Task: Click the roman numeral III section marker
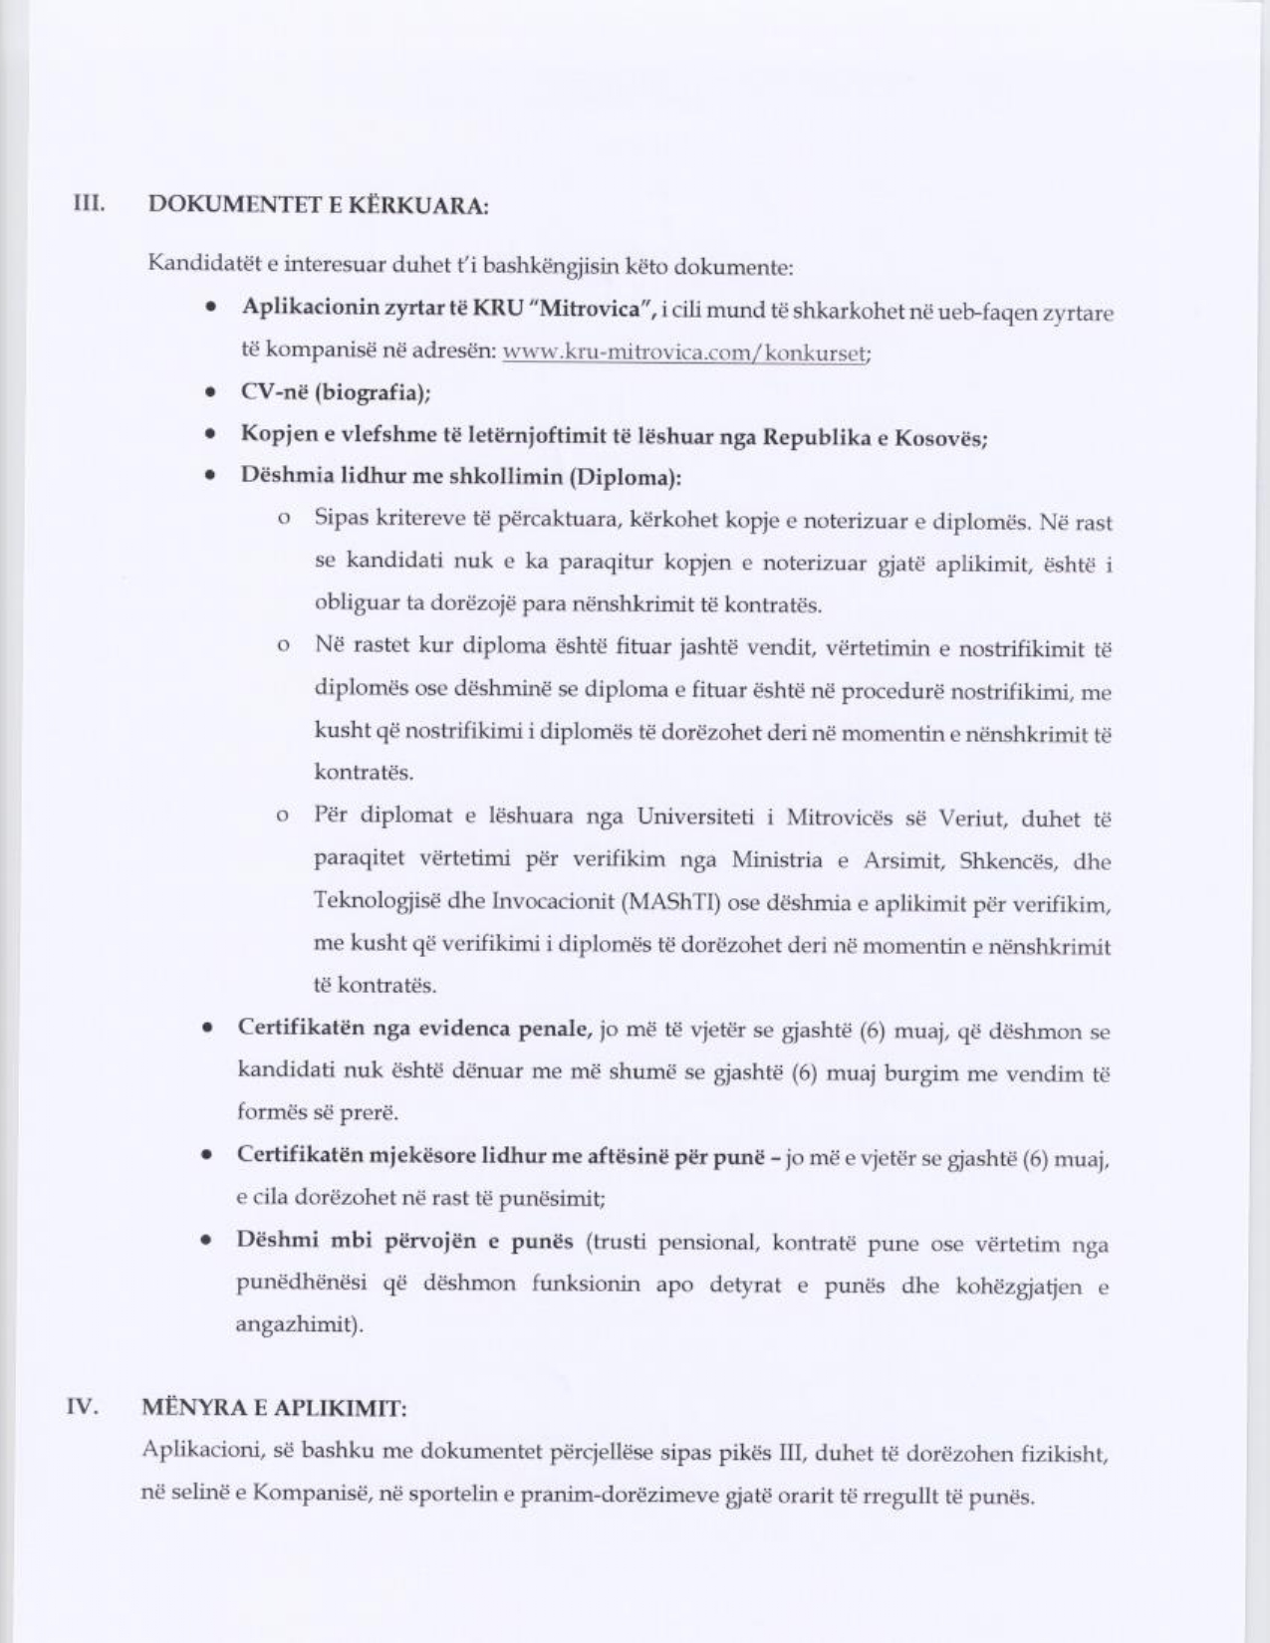pos(91,204)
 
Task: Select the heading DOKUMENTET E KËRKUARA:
pos(318,206)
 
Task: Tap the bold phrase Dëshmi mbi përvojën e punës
pos(405,1242)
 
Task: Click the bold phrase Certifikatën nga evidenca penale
pos(416,1029)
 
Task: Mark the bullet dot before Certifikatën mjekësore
pos(206,1157)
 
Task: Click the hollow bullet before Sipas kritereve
pos(285,520)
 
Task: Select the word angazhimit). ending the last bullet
pos(300,1326)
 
